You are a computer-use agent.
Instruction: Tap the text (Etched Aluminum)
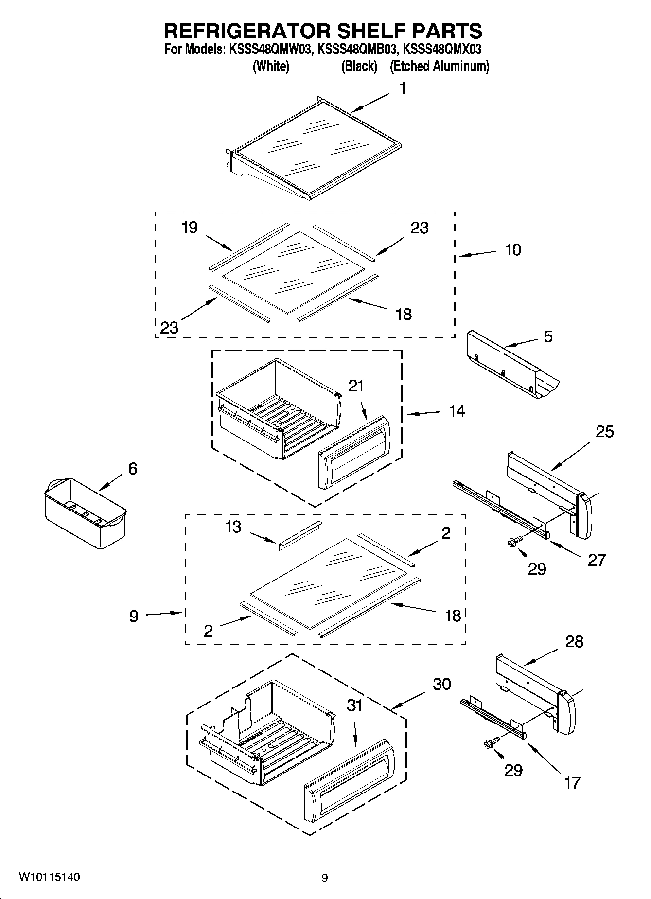coord(440,66)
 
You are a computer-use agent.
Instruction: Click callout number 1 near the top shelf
coord(402,88)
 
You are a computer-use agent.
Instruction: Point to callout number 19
coord(190,228)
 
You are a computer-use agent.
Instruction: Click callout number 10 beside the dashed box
coord(513,250)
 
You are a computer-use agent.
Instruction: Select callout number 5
coord(548,337)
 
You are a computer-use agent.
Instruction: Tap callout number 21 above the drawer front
coord(356,386)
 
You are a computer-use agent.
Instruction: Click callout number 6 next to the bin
coord(133,469)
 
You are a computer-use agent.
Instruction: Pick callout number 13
coord(233,527)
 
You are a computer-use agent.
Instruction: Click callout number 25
coord(605,432)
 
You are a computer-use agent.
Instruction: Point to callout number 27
coord(597,560)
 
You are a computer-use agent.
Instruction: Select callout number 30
coord(442,684)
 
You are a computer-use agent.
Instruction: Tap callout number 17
coord(573,783)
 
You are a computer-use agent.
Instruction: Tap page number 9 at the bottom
coord(325,878)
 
